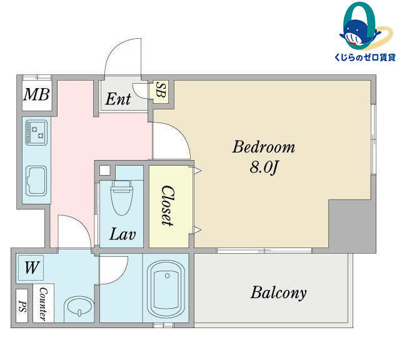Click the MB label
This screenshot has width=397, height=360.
click(36, 94)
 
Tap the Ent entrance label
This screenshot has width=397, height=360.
click(118, 99)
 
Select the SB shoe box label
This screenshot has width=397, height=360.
click(161, 89)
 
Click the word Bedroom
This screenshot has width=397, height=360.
click(264, 147)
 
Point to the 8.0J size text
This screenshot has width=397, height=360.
click(264, 167)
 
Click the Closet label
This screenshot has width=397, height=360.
click(168, 206)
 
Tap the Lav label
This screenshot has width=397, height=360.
click(123, 234)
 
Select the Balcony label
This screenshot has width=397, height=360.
click(278, 293)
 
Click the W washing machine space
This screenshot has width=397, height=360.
click(31, 267)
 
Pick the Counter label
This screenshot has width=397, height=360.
click(43, 304)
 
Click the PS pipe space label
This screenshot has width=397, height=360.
click(23, 306)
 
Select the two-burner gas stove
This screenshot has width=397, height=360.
click(37, 132)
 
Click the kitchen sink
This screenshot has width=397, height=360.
click(36, 181)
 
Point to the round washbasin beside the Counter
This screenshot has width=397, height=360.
click(79, 309)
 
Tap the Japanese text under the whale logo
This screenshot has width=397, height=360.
click(365, 57)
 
